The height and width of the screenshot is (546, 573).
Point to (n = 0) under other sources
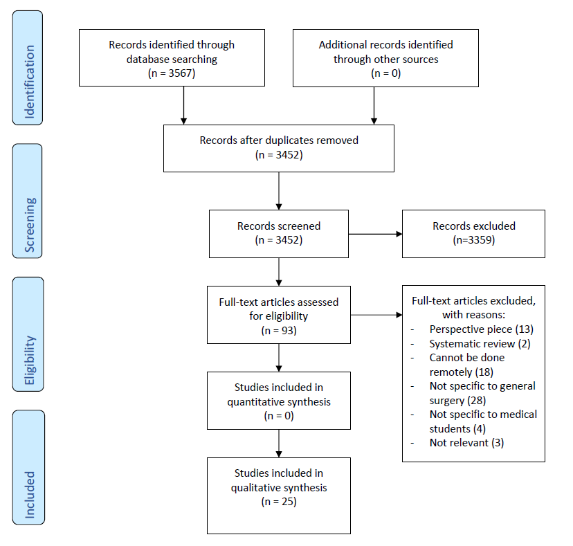coord(386,73)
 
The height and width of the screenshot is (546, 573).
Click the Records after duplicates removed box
coord(279,148)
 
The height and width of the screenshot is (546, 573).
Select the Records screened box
coord(279,234)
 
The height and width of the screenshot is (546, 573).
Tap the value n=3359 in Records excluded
coord(474,240)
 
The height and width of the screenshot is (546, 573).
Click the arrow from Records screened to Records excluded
coord(375,234)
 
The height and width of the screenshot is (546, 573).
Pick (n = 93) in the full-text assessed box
coord(279,330)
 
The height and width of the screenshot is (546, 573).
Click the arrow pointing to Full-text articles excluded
coord(376,315)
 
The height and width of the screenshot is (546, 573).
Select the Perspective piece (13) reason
coord(481,329)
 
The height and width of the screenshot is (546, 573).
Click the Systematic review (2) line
coord(480,344)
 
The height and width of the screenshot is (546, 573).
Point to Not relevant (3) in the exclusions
coord(466,443)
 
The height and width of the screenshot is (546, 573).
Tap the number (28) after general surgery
coord(477,401)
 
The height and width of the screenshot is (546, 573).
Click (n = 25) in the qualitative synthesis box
coord(279,502)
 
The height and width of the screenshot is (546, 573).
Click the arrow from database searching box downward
coord(184,105)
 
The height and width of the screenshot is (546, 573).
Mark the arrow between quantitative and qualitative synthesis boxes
coord(279,444)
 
